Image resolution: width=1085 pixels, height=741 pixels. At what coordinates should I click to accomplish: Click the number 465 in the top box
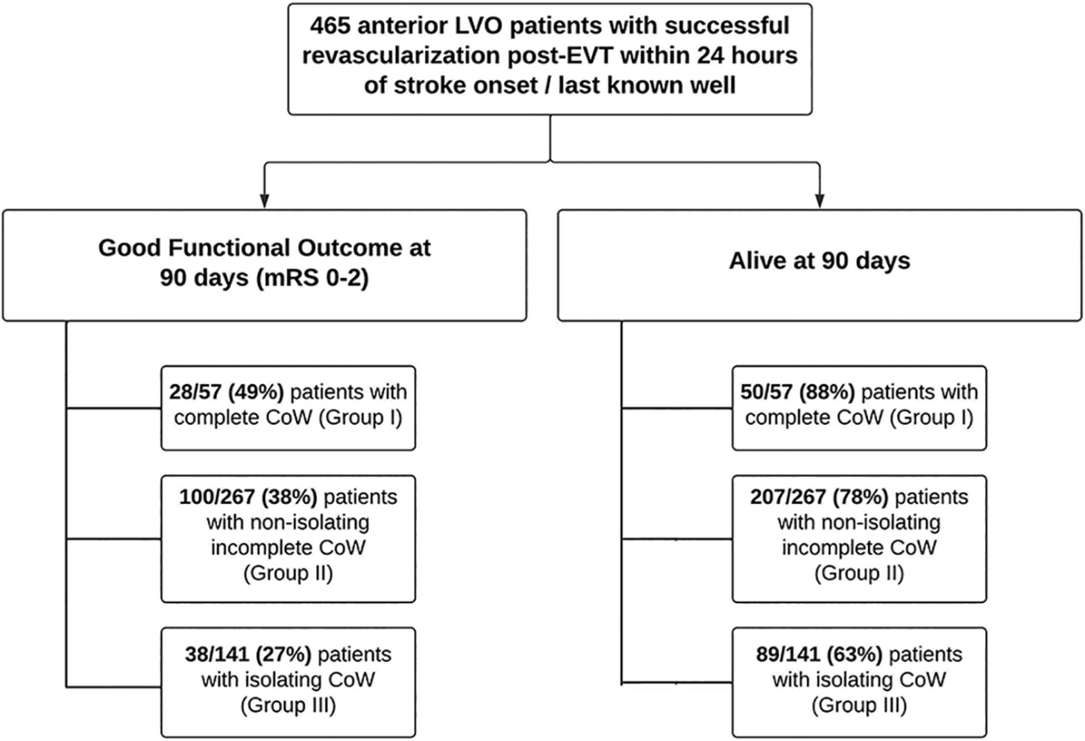[331, 26]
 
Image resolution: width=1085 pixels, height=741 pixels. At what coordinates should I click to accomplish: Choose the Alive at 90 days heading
[820, 261]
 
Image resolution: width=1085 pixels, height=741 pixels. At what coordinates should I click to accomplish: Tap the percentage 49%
[256, 392]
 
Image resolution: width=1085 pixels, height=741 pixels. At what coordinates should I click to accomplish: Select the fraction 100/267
[218, 497]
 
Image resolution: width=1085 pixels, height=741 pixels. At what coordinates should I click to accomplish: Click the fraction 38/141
[217, 654]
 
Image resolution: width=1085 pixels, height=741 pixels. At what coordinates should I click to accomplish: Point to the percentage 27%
[283, 654]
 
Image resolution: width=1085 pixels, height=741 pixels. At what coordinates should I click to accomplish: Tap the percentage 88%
[827, 392]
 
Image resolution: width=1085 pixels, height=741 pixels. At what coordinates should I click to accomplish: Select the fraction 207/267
[788, 497]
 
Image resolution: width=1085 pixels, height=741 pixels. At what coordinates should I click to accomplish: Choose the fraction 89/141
[788, 654]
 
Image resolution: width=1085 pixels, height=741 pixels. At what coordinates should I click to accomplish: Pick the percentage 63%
[855, 654]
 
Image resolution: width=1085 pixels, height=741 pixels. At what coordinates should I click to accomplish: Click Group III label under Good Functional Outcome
[288, 705]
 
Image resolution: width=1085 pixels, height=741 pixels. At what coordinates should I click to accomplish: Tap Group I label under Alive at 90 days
[932, 417]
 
